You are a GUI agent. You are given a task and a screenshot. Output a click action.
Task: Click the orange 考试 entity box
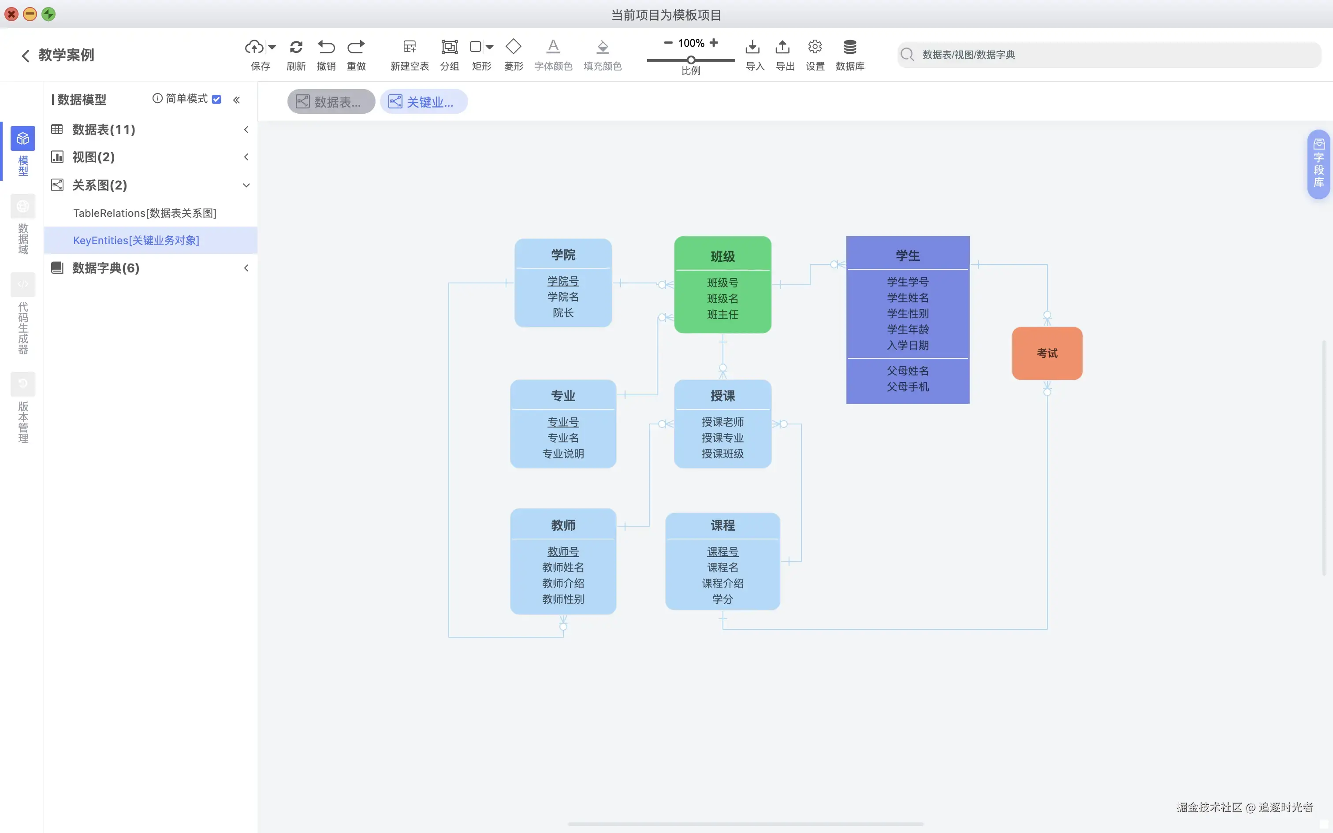coord(1046,353)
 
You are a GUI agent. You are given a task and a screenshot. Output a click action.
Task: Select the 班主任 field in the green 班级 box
coord(722,315)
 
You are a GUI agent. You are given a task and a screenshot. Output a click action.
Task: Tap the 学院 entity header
coord(563,255)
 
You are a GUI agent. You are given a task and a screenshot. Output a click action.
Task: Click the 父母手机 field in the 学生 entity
coord(907,387)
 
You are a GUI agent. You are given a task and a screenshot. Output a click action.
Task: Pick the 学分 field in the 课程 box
coord(722,599)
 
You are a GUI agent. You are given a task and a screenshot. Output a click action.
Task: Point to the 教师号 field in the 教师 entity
coord(563,551)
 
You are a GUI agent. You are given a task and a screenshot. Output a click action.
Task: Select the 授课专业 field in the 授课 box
coord(722,438)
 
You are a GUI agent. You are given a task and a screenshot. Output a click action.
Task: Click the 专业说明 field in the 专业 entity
coord(563,454)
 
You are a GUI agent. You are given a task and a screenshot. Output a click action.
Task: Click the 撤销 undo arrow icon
coord(326,47)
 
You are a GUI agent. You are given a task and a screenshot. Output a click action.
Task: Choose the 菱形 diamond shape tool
coord(514,47)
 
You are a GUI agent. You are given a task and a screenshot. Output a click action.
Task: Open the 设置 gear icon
coord(815,47)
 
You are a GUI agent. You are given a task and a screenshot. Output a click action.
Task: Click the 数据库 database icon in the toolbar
coord(849,47)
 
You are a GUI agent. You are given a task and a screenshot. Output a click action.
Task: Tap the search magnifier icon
coord(907,55)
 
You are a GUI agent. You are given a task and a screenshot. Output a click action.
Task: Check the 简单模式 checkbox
coord(217,99)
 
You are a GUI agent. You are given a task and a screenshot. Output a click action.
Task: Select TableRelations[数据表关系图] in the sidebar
coord(144,213)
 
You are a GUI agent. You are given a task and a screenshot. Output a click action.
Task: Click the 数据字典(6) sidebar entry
coord(106,268)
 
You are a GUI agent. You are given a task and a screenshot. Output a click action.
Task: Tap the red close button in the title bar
coord(11,14)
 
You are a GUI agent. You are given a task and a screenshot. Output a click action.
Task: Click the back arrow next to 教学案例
coord(25,56)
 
